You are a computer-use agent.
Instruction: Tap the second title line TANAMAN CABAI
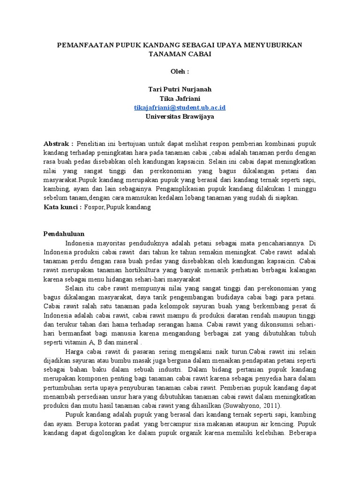coord(180,54)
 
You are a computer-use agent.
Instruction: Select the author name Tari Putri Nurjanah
coord(180,89)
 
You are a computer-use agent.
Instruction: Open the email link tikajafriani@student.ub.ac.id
coord(180,107)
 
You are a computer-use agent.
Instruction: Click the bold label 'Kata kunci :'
coord(63,207)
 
